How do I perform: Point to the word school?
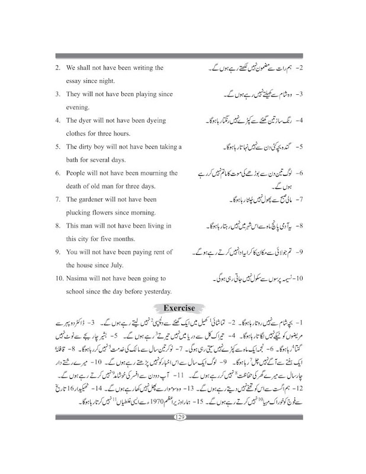pyautogui.click(x=78, y=290)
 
